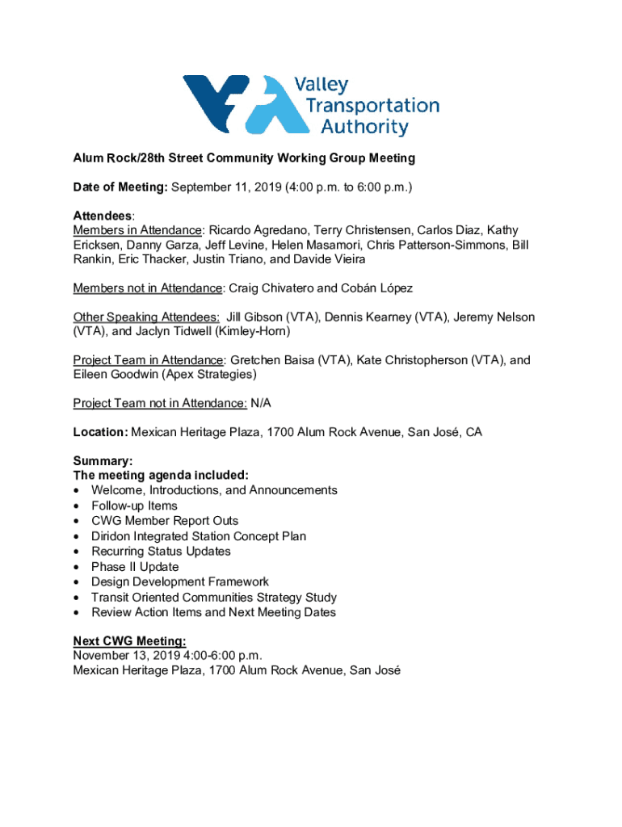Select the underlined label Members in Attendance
(138, 230)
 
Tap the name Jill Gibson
(258, 317)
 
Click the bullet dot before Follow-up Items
(77, 506)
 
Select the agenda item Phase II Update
(135, 567)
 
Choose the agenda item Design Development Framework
(180, 581)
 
